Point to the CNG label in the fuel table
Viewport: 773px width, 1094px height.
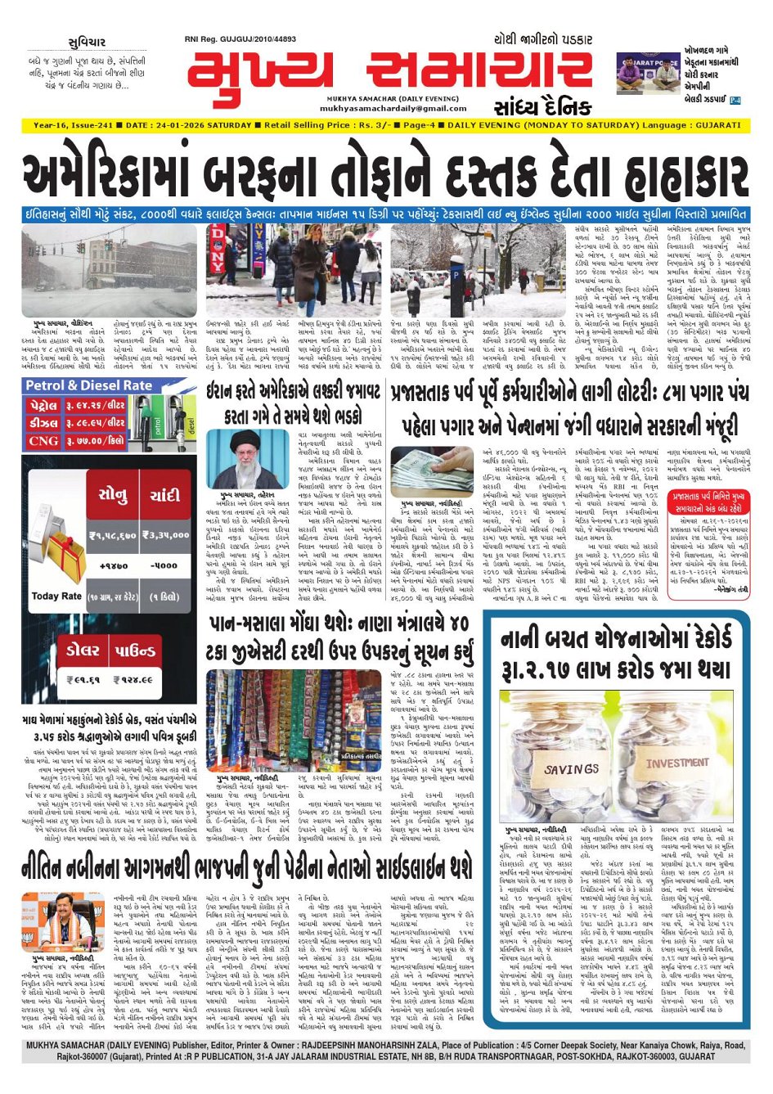43,441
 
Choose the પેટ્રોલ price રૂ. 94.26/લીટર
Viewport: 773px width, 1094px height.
96,406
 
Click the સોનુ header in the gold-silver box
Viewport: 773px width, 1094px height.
113,497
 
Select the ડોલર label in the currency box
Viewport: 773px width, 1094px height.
84,651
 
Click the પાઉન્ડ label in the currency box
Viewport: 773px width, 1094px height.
135,651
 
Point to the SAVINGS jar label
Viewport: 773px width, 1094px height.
572,769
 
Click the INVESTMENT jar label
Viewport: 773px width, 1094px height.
676,763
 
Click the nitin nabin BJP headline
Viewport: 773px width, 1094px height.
245,867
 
